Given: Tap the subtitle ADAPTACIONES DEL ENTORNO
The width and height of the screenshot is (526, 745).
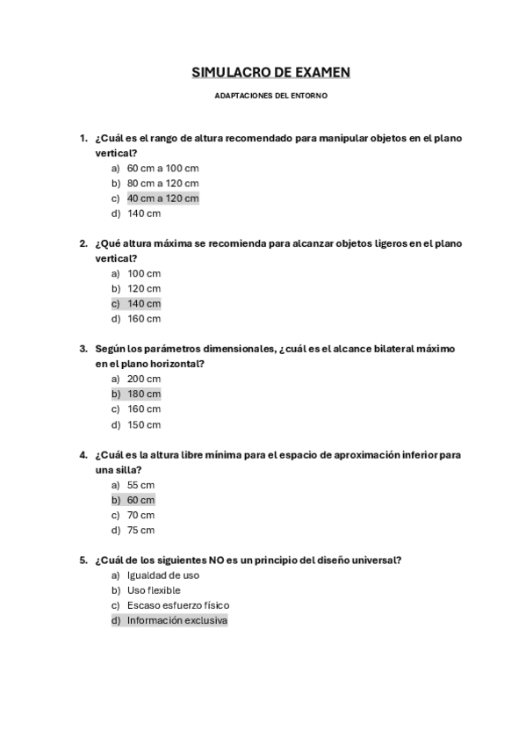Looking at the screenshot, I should point(270,96).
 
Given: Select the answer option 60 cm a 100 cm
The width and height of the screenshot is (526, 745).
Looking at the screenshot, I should point(162,168).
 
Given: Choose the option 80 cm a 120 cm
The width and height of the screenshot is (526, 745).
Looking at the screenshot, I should point(162,183).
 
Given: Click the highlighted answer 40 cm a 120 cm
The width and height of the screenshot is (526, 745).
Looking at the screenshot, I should point(162,198).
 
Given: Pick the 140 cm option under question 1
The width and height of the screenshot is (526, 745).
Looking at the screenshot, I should point(144,213).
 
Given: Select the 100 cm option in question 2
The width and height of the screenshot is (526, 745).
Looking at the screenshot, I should point(144,273).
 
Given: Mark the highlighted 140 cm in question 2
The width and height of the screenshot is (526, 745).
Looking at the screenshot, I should point(144,303).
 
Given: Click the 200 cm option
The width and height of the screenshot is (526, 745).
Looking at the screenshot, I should point(144,379).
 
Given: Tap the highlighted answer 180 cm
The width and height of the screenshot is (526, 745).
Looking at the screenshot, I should point(144,394).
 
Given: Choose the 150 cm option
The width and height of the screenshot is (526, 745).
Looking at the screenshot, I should point(144,424).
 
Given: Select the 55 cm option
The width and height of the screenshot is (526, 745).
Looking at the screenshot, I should point(141,485).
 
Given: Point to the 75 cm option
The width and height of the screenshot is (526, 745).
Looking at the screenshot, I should point(141,530).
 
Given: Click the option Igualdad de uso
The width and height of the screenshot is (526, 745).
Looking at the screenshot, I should point(162,575).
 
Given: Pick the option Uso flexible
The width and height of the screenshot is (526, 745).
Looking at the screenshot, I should point(154,590).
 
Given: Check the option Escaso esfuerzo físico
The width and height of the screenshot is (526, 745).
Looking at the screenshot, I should point(178,605).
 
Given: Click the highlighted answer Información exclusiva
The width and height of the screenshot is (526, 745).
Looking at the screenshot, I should point(177,620).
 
